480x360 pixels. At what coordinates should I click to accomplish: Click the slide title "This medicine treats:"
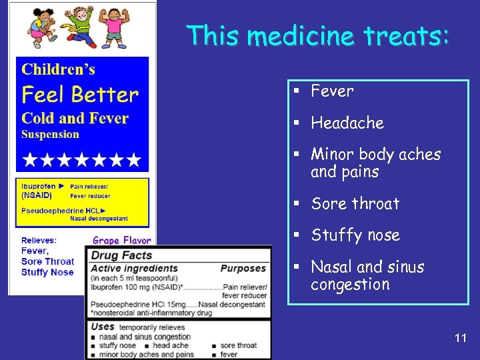coord(318,35)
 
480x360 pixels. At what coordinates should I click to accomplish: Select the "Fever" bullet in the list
coord(332,91)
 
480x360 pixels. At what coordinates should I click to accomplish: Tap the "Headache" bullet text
coord(347,123)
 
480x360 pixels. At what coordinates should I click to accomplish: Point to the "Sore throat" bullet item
coord(355,204)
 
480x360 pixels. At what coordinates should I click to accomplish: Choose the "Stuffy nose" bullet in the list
coord(355,235)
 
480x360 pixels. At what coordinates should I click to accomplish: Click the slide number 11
coord(460,338)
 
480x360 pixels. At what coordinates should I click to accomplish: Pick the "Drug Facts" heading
coord(121,255)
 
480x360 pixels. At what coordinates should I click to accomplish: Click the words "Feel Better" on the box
coord(80,95)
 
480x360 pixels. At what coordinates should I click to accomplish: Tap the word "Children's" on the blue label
coord(59,69)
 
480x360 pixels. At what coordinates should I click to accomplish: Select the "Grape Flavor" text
coord(121,240)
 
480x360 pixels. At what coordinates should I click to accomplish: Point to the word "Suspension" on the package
coord(50,134)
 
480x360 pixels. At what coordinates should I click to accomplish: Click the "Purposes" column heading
coord(243,268)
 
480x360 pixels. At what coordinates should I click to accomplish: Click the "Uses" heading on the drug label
coord(103,327)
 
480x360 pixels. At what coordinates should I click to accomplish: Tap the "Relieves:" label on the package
coord(39,240)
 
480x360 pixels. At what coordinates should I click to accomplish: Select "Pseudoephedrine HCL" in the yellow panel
coord(58,209)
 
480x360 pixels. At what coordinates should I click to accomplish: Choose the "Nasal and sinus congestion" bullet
coord(367,275)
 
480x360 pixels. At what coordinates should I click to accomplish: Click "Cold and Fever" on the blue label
coord(75,118)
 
